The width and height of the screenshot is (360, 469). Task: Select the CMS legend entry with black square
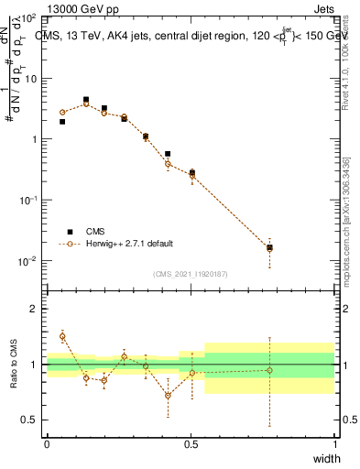pos(92,232)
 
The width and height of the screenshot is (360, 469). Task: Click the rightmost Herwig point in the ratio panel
pos(269,370)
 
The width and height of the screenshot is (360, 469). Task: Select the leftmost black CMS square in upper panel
pos(62,121)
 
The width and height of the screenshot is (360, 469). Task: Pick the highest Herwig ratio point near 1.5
pos(62,336)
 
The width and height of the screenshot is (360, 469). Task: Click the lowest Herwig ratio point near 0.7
pos(168,396)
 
